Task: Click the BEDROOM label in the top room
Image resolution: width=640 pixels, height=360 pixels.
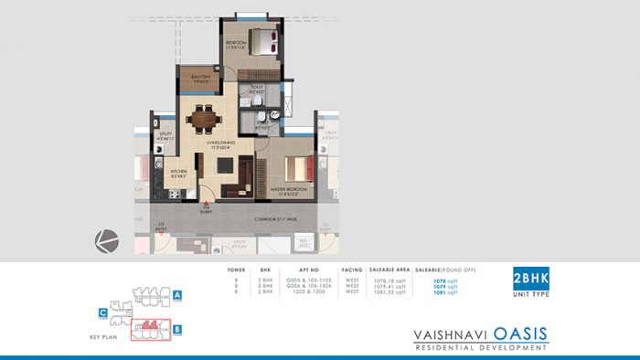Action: click(236, 43)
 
